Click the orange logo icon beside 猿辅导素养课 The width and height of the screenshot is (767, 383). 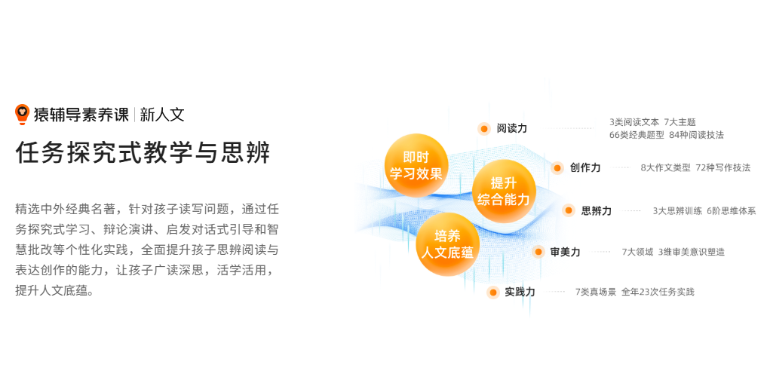pyautogui.click(x=22, y=115)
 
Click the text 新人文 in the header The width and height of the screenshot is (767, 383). pyautogui.click(x=162, y=115)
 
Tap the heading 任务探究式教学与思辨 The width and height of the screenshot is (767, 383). pyautogui.click(x=143, y=152)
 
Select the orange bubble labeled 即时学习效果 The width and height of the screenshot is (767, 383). pyautogui.click(x=416, y=165)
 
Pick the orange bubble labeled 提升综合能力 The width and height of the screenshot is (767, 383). pyautogui.click(x=504, y=191)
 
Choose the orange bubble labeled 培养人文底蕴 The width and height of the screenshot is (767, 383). pyautogui.click(x=447, y=244)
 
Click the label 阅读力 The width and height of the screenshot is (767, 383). pyautogui.click(x=512, y=128)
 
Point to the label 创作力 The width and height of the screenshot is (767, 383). pyautogui.click(x=585, y=167)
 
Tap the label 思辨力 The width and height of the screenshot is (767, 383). pyautogui.click(x=597, y=210)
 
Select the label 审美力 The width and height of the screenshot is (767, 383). pyautogui.click(x=565, y=252)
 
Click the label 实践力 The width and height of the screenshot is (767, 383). pyautogui.click(x=520, y=292)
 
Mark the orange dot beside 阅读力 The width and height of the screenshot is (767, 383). pyautogui.click(x=484, y=128)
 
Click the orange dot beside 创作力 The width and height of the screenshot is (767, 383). pyautogui.click(x=557, y=167)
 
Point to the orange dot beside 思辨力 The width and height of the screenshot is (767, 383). pyautogui.click(x=569, y=210)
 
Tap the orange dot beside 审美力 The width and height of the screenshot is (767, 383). pyautogui.click(x=538, y=252)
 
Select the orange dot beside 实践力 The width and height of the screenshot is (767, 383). pyautogui.click(x=492, y=292)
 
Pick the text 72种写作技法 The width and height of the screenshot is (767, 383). pyautogui.click(x=723, y=167)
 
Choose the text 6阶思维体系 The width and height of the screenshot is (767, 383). pyautogui.click(x=731, y=210)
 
